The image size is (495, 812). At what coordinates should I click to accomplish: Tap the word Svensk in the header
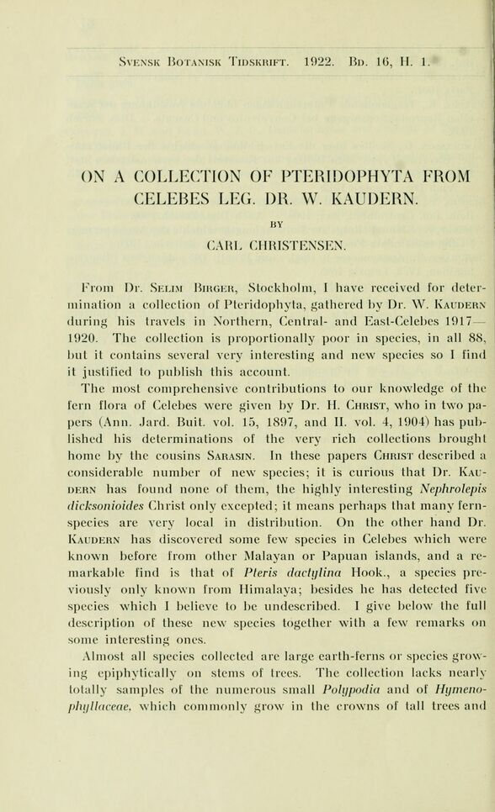pyautogui.click(x=123, y=61)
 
